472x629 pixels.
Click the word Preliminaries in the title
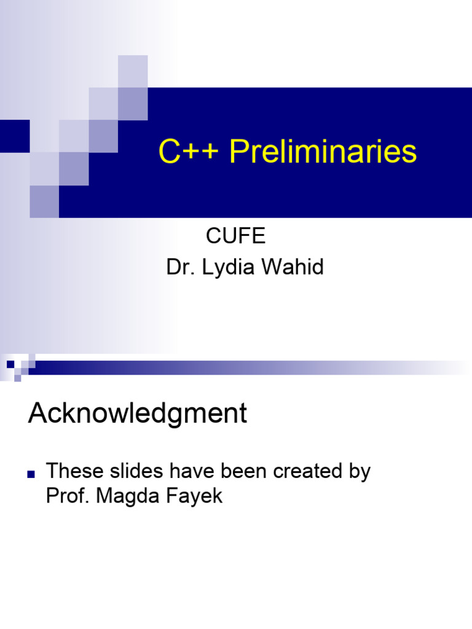[x=323, y=152]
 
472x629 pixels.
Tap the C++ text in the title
[x=190, y=152]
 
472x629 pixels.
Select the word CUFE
[x=235, y=236]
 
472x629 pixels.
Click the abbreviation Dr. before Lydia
[x=179, y=268]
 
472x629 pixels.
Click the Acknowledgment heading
[x=138, y=414]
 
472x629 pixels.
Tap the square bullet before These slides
[x=31, y=474]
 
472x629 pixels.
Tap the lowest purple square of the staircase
[x=44, y=201]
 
